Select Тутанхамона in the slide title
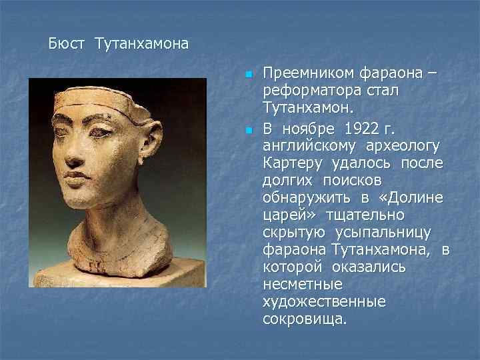[141, 44]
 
